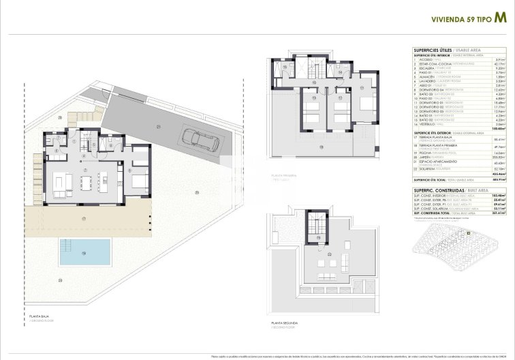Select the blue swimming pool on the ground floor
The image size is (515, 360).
[85, 252]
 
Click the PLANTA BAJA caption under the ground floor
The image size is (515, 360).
[39, 316]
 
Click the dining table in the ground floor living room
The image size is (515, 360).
[85, 183]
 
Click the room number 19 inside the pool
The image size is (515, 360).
[84, 253]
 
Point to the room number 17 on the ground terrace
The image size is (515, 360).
[84, 219]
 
